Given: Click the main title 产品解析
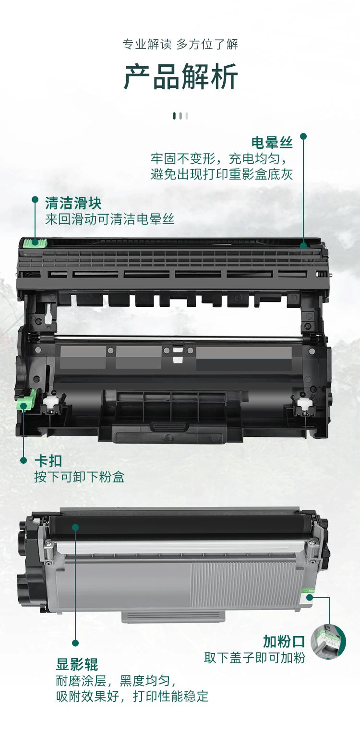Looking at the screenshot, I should [x=180, y=77].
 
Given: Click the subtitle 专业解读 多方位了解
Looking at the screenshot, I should [x=180, y=45].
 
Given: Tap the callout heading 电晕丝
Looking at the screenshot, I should [x=272, y=143].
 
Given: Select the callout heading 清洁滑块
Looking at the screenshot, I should [x=73, y=203].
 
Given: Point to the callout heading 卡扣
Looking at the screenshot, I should [x=48, y=461].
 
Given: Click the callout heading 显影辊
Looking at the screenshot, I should [x=77, y=665].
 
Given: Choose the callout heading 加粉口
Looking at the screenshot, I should [x=284, y=641].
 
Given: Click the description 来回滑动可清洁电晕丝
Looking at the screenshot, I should [x=110, y=219].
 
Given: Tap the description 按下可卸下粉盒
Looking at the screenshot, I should [x=79, y=477].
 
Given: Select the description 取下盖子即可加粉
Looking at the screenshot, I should [x=254, y=657].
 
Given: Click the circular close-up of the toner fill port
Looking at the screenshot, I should [x=328, y=642].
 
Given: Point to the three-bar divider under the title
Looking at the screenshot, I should [x=180, y=116].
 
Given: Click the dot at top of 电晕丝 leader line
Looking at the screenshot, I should [x=303, y=136].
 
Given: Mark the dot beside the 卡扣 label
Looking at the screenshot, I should [x=24, y=460].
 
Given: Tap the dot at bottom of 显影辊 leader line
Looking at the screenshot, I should [x=75, y=643].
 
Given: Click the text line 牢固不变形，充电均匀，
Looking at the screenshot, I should [x=221, y=158].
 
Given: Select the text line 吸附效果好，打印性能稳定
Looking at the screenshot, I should [x=132, y=697].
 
